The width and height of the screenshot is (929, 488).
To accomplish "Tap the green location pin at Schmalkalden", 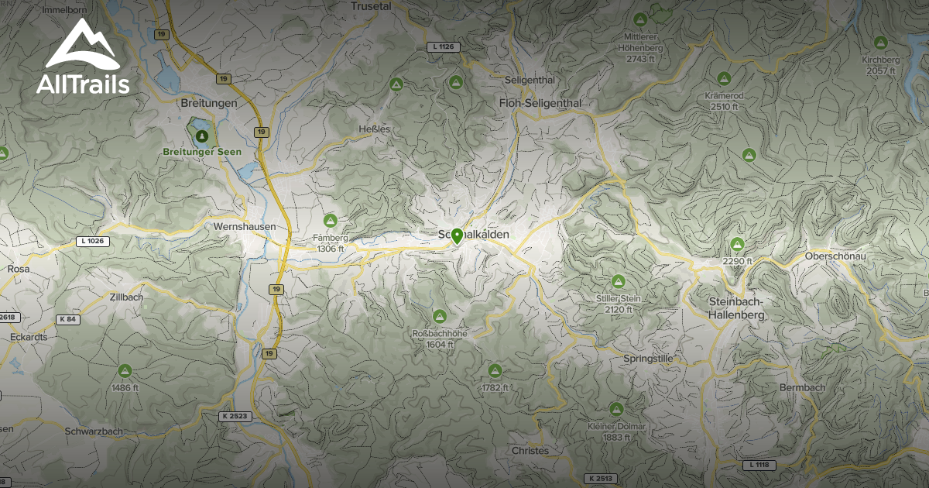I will (458, 236).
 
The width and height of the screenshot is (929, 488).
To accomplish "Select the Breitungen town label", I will (207, 103).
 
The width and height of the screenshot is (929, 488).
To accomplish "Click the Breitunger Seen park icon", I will (202, 136).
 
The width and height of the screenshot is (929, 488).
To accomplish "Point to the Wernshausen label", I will (238, 227).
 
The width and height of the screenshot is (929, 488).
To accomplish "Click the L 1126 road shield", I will (444, 47).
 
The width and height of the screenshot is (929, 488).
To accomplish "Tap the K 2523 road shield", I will (235, 416).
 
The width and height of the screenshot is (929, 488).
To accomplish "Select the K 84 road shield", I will (67, 319).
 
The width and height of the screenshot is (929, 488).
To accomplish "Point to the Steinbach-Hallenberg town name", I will (737, 308).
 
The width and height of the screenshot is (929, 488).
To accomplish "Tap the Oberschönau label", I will (835, 256).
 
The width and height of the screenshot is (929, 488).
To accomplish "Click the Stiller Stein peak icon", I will (618, 281).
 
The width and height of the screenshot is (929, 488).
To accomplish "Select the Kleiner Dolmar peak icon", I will (616, 408).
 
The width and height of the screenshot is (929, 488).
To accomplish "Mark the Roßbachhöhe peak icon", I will (440, 316).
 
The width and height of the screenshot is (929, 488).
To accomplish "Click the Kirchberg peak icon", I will (880, 43).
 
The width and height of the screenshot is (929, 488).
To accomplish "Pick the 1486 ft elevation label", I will (125, 387).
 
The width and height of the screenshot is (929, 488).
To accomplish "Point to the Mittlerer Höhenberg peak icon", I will (640, 19).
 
